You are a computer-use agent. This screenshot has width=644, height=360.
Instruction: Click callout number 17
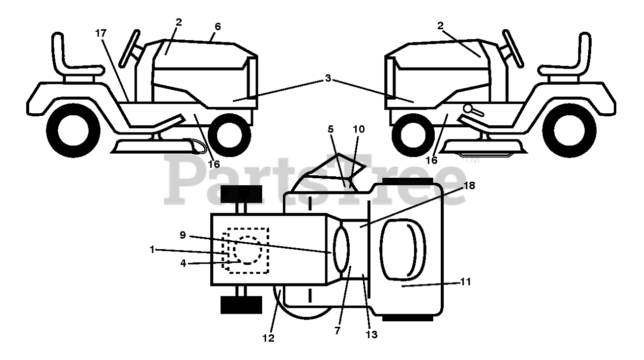101,33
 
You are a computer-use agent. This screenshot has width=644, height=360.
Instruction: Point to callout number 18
469,186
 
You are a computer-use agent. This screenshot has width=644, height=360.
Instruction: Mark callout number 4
183,263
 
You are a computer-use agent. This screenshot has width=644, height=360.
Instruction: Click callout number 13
372,334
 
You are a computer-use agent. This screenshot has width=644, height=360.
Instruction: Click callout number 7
337,331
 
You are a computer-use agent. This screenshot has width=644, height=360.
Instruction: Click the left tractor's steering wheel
129,49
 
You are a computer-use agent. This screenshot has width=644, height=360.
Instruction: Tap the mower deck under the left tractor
151,147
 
